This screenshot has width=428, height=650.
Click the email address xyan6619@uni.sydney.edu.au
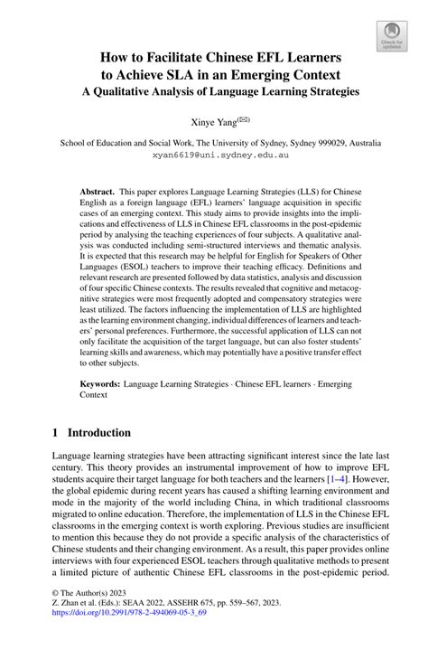point(214,156)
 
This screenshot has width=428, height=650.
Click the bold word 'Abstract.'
point(100,193)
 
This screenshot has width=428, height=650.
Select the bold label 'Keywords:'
point(101,383)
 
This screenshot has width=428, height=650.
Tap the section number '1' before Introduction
point(57,432)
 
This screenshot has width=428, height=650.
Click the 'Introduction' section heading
point(101,432)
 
